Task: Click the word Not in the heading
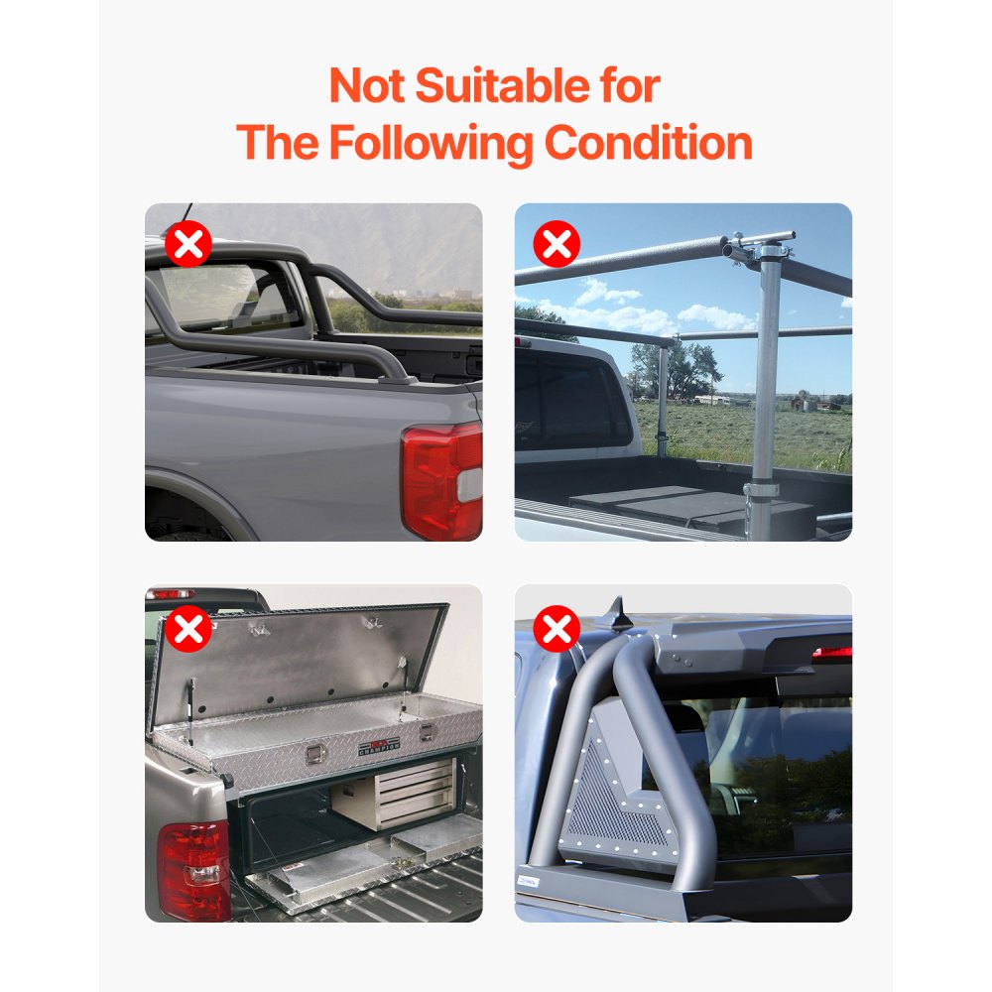[x=367, y=86]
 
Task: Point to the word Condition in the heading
[x=648, y=143]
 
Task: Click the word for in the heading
[x=627, y=86]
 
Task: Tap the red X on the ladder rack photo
[x=557, y=244]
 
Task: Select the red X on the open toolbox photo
[x=187, y=628]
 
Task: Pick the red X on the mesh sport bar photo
[x=557, y=628]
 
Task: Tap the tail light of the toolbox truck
[x=193, y=870]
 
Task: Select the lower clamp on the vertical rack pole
[x=761, y=491]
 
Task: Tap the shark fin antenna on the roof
[x=620, y=617]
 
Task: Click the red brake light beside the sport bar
[x=831, y=653]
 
